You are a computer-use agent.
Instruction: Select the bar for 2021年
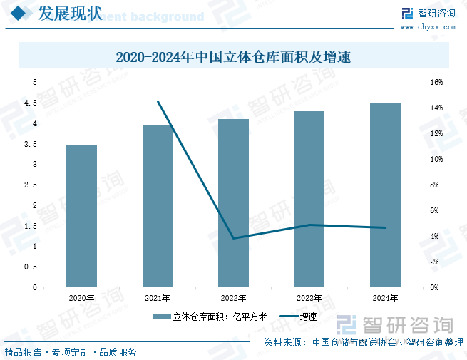click(158, 206)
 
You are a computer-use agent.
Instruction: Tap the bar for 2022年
click(233, 203)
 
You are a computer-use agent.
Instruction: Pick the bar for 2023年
click(309, 199)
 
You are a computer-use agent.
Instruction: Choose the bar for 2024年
click(385, 195)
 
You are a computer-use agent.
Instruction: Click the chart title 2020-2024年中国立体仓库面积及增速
click(233, 56)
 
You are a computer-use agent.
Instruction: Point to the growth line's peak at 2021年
click(158, 102)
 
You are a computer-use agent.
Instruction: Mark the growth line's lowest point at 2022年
click(233, 238)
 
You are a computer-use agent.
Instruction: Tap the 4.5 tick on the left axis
click(31, 103)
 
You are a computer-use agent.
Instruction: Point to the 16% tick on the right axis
click(436, 83)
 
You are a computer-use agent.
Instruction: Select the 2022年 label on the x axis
click(233, 298)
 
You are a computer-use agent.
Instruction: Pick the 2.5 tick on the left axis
click(31, 185)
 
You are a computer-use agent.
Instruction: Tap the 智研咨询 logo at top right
click(428, 13)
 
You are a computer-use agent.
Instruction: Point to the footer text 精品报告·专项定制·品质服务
click(71, 352)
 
